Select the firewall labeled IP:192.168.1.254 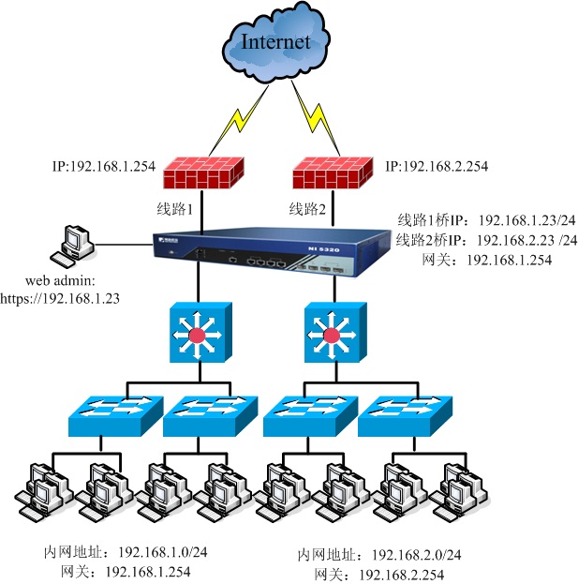click(x=200, y=173)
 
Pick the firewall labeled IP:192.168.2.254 click(x=330, y=174)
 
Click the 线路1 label click(x=174, y=209)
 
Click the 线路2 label click(x=307, y=209)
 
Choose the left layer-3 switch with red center click(x=198, y=333)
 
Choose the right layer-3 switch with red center click(x=330, y=333)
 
